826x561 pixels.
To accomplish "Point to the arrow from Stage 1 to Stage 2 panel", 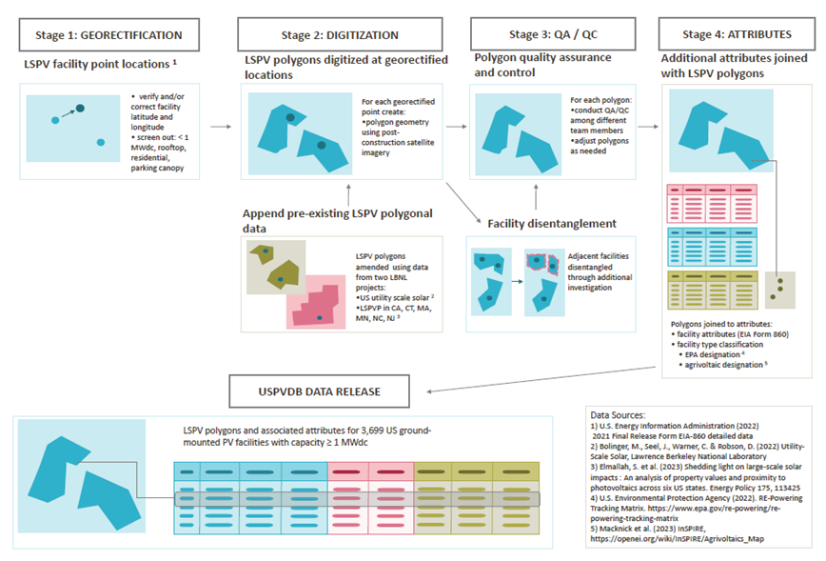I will (x=220, y=125).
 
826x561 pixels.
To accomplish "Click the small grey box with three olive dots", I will (x=781, y=283).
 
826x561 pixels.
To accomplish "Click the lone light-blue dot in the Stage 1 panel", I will (x=101, y=143).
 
